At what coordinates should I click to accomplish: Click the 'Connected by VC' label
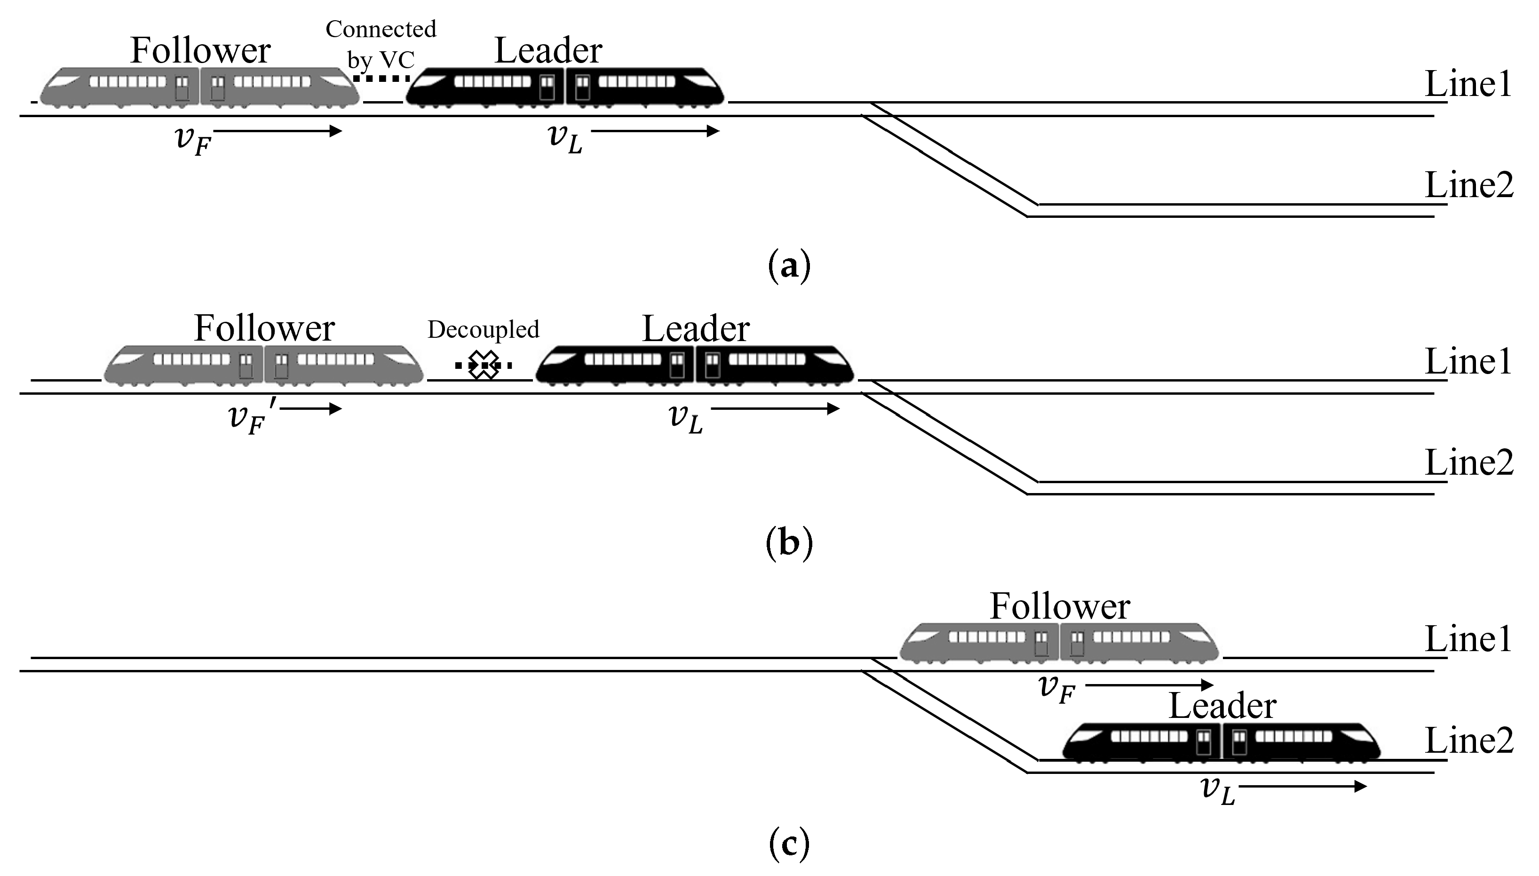[381, 44]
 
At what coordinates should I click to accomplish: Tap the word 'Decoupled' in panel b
[483, 329]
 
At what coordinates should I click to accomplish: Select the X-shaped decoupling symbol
[484, 365]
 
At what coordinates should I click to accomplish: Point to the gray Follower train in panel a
[200, 87]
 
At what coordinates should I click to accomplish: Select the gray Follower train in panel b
[263, 365]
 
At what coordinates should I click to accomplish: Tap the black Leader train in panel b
[695, 365]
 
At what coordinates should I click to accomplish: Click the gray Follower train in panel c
[1059, 643]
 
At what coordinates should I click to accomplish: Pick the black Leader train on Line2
[1221, 742]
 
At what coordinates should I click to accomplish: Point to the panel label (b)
[789, 544]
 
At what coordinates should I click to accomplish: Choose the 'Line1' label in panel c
[1468, 639]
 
